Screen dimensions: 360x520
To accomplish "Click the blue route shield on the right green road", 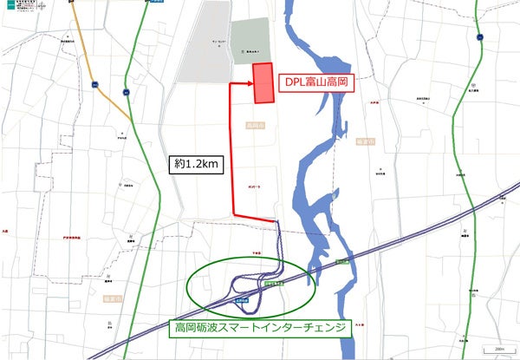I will tap(478, 37).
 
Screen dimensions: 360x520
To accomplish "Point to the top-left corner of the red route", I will tap(231, 85).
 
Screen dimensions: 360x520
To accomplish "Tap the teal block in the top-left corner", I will tap(8, 4).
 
